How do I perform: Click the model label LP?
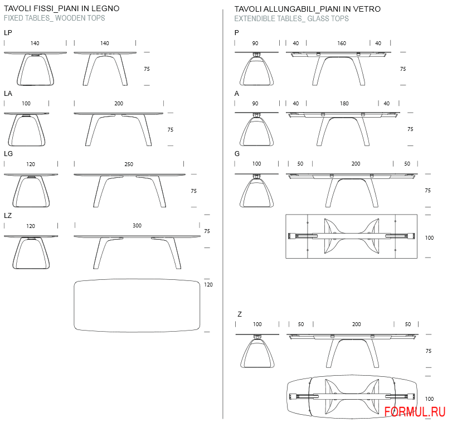point(8,33)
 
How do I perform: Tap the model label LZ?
point(8,215)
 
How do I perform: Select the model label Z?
point(240,314)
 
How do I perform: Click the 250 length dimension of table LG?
point(129,164)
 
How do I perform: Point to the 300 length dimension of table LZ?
point(137,225)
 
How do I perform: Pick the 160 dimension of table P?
point(342,43)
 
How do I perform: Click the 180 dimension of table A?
point(344,104)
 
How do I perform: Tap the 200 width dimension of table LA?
point(119,104)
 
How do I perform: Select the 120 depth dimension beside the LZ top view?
point(208,284)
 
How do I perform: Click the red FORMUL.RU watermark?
point(415,412)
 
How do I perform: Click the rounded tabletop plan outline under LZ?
point(137,279)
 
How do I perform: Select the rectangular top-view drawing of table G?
point(351,215)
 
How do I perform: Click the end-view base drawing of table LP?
point(35,69)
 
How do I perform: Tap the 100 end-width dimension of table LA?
point(26,104)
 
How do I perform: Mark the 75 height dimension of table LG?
point(194,191)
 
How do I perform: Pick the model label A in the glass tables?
point(237,94)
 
